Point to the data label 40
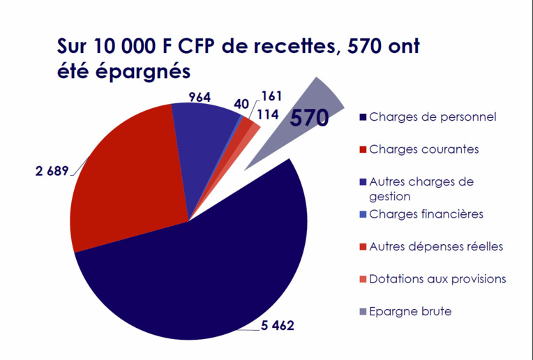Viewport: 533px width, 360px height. point(241,103)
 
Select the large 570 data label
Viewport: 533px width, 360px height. point(309,118)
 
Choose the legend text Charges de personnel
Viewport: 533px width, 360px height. point(433,117)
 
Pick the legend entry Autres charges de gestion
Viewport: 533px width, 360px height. point(421,189)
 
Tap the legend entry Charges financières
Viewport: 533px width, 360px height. point(426,214)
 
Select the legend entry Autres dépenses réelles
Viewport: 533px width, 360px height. point(435,246)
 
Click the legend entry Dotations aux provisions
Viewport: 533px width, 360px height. point(437,279)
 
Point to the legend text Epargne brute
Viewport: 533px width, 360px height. point(410,311)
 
